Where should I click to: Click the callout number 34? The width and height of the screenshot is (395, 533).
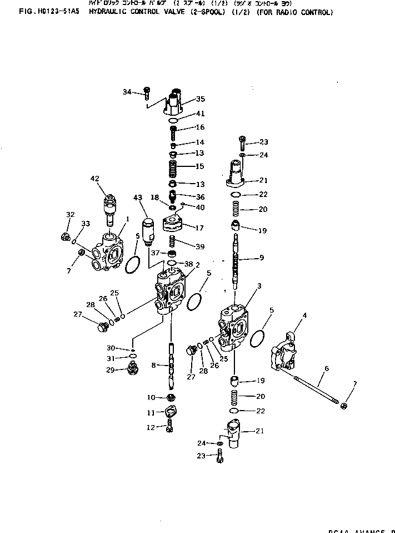pyautogui.click(x=127, y=92)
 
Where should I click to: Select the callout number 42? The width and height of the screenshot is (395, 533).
pyautogui.click(x=94, y=179)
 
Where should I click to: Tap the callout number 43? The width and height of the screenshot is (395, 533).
pyautogui.click(x=138, y=198)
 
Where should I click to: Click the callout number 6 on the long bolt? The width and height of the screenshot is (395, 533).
pyautogui.click(x=327, y=369)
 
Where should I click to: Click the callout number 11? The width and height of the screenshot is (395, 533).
pyautogui.click(x=151, y=412)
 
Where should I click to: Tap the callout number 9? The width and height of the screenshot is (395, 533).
pyautogui.click(x=262, y=258)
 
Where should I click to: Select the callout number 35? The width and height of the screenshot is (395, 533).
pyautogui.click(x=200, y=100)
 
